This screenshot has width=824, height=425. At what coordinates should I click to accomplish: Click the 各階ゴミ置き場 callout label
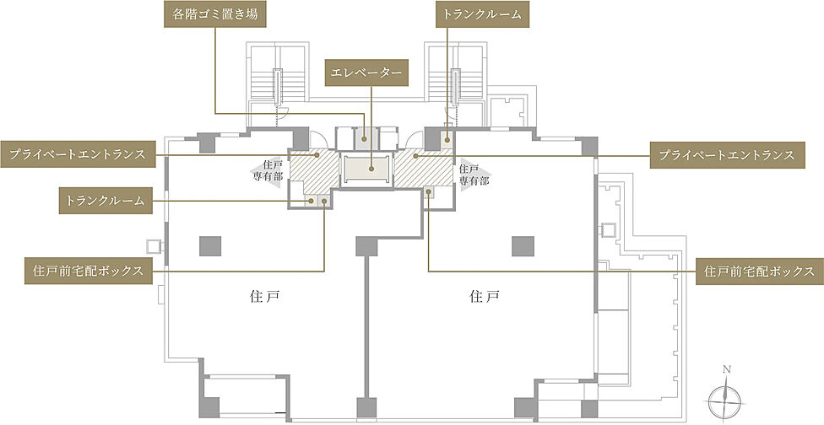214,15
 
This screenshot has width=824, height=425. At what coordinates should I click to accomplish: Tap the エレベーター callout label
367,73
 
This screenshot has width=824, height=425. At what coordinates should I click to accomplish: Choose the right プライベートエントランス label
724,155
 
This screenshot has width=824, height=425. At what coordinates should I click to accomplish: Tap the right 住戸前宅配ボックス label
758,271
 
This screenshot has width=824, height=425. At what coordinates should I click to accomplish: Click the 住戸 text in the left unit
264,297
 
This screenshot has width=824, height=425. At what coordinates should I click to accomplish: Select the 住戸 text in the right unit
485,297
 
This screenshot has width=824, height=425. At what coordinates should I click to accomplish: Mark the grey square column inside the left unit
210,245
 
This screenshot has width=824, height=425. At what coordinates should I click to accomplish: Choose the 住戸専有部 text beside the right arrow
469,174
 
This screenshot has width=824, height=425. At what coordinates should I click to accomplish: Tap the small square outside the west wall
154,245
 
